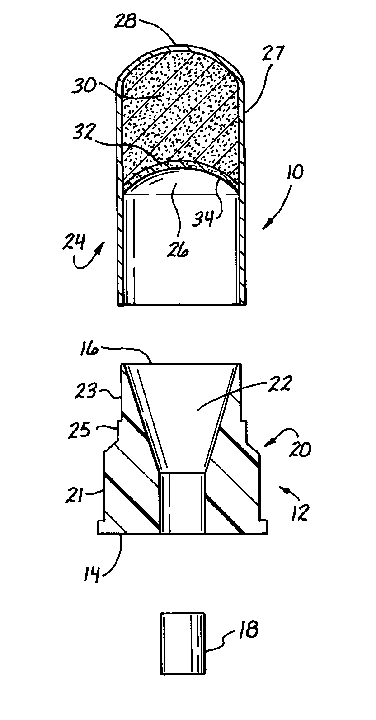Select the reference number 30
pyautogui.click(x=85, y=86)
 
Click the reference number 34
pyautogui.click(x=203, y=219)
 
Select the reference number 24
pyautogui.click(x=74, y=242)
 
